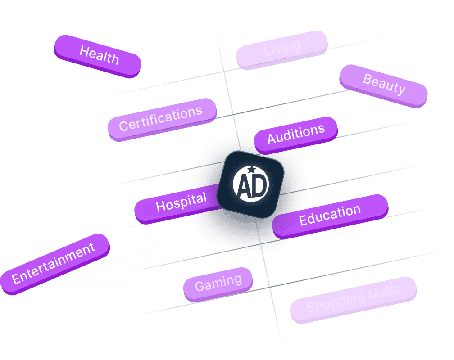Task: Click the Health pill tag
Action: [x=98, y=55]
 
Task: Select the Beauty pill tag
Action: [x=384, y=85]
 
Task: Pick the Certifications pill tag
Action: [x=161, y=119]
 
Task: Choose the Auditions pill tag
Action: [x=296, y=134]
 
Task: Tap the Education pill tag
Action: [x=330, y=215]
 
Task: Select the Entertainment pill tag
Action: [x=54, y=264]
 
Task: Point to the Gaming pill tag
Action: [x=218, y=283]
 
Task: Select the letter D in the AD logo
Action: [x=259, y=184]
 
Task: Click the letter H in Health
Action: [x=84, y=51]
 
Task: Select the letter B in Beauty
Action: [x=368, y=80]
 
